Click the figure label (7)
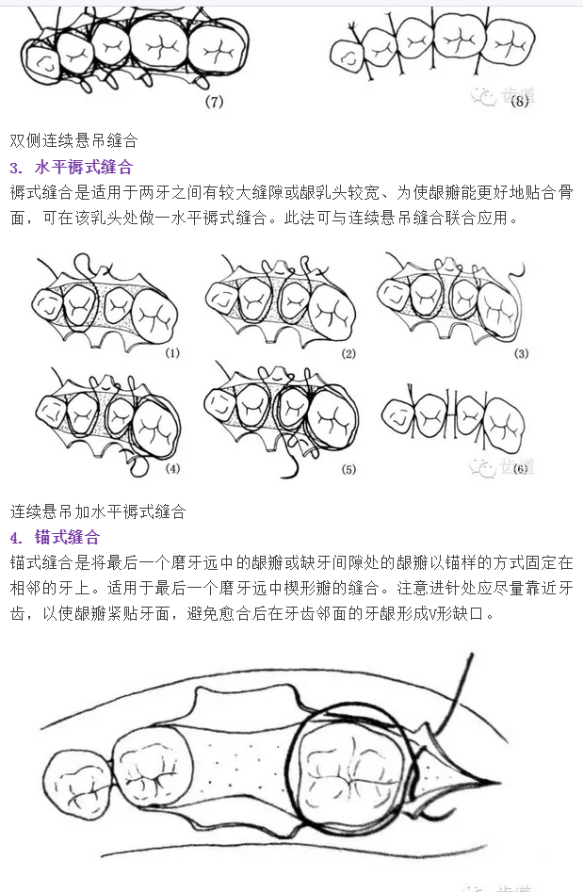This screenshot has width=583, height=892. pos(214,102)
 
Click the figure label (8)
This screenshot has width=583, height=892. pos(517,102)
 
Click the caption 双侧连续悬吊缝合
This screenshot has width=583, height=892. pos(73,141)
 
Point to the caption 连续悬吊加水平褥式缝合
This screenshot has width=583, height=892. pos(98,512)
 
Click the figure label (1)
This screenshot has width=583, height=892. pos(171,354)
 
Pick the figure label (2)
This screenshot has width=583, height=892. pos(348,354)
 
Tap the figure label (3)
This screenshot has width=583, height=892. pos(521,354)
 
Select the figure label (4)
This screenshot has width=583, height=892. pos(171,468)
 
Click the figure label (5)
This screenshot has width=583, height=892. pos(348,468)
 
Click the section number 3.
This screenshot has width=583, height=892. pos(16,168)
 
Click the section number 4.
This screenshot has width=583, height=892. pos(16,538)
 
